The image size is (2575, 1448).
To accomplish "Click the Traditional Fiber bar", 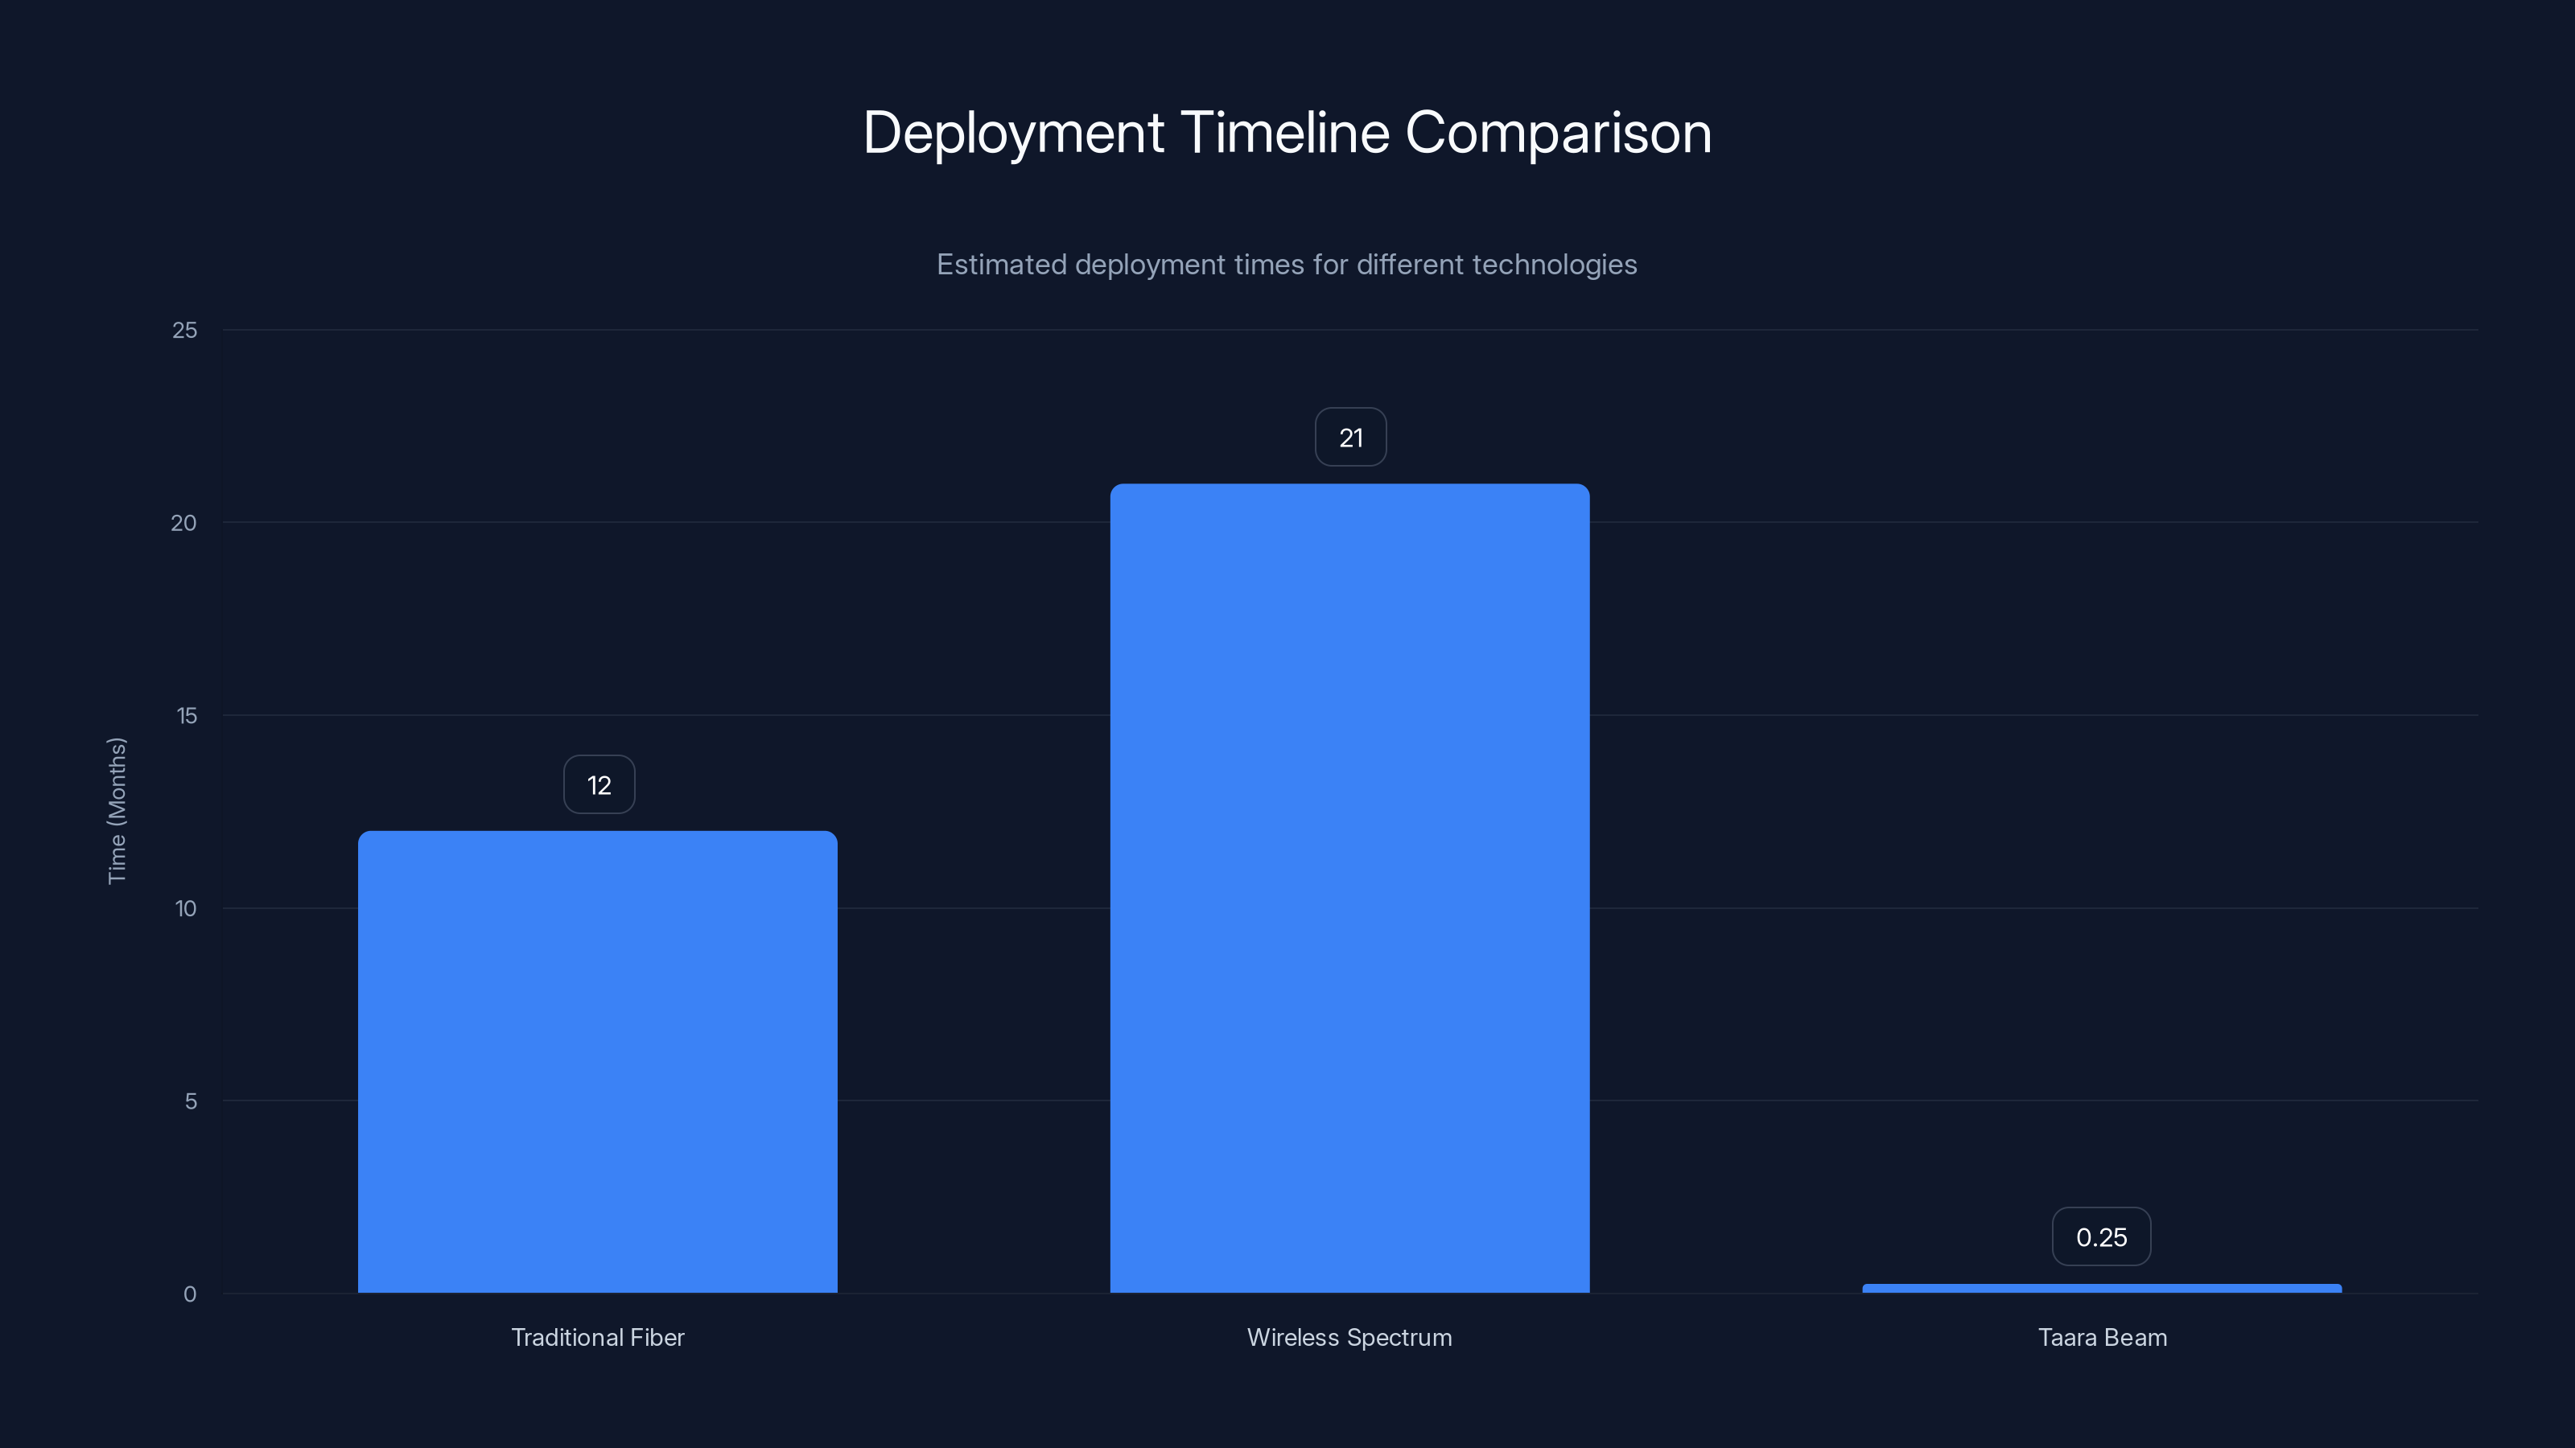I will [x=598, y=1061].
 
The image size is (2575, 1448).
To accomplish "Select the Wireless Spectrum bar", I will [x=1349, y=887].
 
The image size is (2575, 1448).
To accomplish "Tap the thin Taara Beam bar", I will [x=2101, y=1288].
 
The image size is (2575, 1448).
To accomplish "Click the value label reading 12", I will [x=599, y=785].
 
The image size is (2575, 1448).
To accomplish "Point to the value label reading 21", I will [x=1350, y=438].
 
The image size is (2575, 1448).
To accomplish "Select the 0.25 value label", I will [x=2101, y=1237].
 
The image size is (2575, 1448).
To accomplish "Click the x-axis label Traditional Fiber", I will [x=598, y=1337].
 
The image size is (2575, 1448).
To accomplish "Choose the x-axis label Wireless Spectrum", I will [x=1349, y=1337].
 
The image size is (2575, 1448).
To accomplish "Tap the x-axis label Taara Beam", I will [x=2102, y=1337].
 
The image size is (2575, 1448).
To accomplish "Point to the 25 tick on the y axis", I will [x=185, y=331].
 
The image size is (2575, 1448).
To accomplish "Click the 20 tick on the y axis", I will [x=184, y=524].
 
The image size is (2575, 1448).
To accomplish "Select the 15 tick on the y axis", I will [x=186, y=715].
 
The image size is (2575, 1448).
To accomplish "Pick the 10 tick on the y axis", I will [x=186, y=908].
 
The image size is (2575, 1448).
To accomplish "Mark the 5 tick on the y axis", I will [x=190, y=1101].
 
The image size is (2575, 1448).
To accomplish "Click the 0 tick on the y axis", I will [x=190, y=1294].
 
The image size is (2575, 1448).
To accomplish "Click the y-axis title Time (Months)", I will [x=117, y=810].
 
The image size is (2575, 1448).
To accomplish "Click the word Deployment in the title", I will [x=1012, y=133].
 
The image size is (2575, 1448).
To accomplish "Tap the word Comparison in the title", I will [x=1559, y=133].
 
